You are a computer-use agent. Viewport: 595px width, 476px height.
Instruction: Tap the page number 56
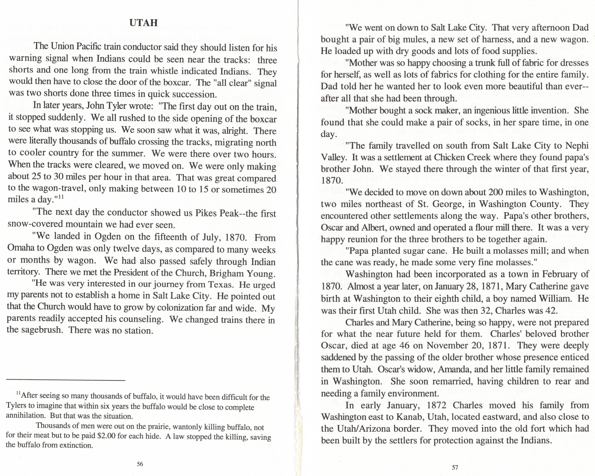click(x=140, y=464)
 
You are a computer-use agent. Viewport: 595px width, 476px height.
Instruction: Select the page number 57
click(x=455, y=467)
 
